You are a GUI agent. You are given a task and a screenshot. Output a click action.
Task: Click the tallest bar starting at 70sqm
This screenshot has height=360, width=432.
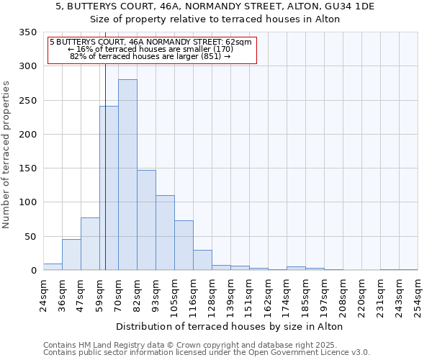[x=127, y=175]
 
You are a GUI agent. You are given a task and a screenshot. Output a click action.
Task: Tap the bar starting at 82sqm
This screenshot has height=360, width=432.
[x=146, y=220]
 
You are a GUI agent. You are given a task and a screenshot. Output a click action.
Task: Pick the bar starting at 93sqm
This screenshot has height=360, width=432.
[x=165, y=233]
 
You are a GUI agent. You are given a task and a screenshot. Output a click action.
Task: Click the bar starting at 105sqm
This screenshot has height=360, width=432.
[x=184, y=246]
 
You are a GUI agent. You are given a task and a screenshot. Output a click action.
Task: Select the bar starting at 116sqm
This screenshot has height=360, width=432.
[x=202, y=260]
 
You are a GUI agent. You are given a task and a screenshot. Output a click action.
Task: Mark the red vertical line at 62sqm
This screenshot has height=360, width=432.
[x=105, y=158]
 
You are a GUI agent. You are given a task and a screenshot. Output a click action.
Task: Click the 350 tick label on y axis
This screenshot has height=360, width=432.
[x=27, y=32]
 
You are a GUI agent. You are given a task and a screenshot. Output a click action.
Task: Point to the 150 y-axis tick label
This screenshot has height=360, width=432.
[x=27, y=168]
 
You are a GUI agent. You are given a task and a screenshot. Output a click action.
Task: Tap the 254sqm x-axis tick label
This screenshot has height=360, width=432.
[x=418, y=294]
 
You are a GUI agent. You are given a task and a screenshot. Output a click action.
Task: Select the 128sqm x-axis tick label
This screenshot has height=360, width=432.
[x=212, y=294]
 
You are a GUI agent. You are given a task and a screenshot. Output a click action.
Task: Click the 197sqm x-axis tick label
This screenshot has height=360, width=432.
[x=325, y=294]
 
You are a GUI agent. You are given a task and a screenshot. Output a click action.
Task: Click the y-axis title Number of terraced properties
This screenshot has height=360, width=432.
[x=7, y=155]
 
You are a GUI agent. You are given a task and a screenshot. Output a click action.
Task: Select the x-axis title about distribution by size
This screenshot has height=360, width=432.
[x=229, y=326]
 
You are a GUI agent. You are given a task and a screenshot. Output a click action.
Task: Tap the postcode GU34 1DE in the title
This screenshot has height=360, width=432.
[x=349, y=6]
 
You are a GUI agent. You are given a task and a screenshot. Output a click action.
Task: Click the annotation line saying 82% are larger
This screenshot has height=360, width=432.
[x=150, y=56]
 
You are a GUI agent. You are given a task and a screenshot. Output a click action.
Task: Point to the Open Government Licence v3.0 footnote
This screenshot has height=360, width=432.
[x=207, y=353]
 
